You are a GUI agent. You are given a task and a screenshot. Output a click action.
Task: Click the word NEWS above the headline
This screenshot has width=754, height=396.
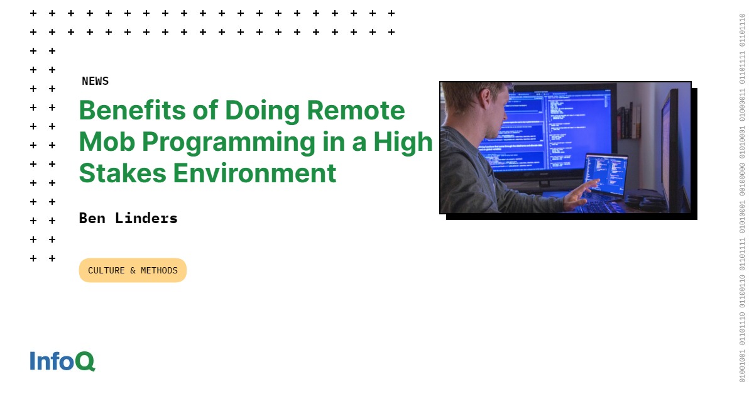click(x=95, y=81)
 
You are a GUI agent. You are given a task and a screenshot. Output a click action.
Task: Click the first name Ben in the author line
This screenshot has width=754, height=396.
click(x=92, y=218)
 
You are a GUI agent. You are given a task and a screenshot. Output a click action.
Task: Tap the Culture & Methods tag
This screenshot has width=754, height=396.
click(x=133, y=270)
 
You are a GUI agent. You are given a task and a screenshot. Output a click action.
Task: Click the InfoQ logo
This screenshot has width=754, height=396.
click(x=62, y=361)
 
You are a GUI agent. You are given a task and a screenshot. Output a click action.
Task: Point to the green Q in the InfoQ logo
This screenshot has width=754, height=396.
click(x=85, y=361)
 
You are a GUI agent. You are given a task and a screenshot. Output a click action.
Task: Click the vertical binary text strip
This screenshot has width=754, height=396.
click(x=742, y=198)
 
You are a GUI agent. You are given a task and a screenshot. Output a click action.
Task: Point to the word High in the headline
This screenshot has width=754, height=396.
click(x=403, y=143)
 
